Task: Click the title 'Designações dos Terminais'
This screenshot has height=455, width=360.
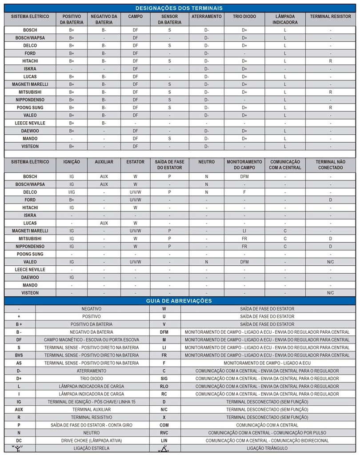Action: pyautogui.click(x=179, y=8)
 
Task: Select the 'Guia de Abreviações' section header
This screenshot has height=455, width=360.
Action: pyautogui.click(x=179, y=301)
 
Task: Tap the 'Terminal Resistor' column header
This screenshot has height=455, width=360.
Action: pyautogui.click(x=330, y=16)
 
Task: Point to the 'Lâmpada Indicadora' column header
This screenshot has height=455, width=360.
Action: pyautogui.click(x=285, y=19)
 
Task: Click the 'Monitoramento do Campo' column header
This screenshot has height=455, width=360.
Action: pyautogui.click(x=244, y=164)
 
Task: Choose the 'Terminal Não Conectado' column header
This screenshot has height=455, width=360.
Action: pyautogui.click(x=330, y=164)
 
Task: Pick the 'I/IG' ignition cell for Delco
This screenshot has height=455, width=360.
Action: pyautogui.click(x=72, y=192)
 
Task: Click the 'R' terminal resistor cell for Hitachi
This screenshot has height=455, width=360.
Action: pyautogui.click(x=330, y=61)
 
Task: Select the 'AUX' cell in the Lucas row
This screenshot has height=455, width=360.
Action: pyautogui.click(x=104, y=223)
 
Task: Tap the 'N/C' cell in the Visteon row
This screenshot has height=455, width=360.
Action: pyautogui.click(x=330, y=293)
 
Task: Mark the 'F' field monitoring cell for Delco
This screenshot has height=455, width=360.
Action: pyautogui.click(x=244, y=192)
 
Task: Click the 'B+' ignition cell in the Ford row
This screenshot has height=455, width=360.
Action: pyautogui.click(x=72, y=200)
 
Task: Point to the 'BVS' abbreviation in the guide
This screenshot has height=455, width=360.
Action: pyautogui.click(x=19, y=355)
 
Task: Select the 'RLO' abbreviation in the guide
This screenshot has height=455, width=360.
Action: pyautogui.click(x=164, y=386)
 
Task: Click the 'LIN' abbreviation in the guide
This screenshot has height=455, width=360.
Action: pyautogui.click(x=164, y=440)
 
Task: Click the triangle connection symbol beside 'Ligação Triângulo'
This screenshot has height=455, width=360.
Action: pyautogui.click(x=164, y=448)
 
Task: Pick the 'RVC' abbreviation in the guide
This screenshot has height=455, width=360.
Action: pyautogui.click(x=164, y=433)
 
